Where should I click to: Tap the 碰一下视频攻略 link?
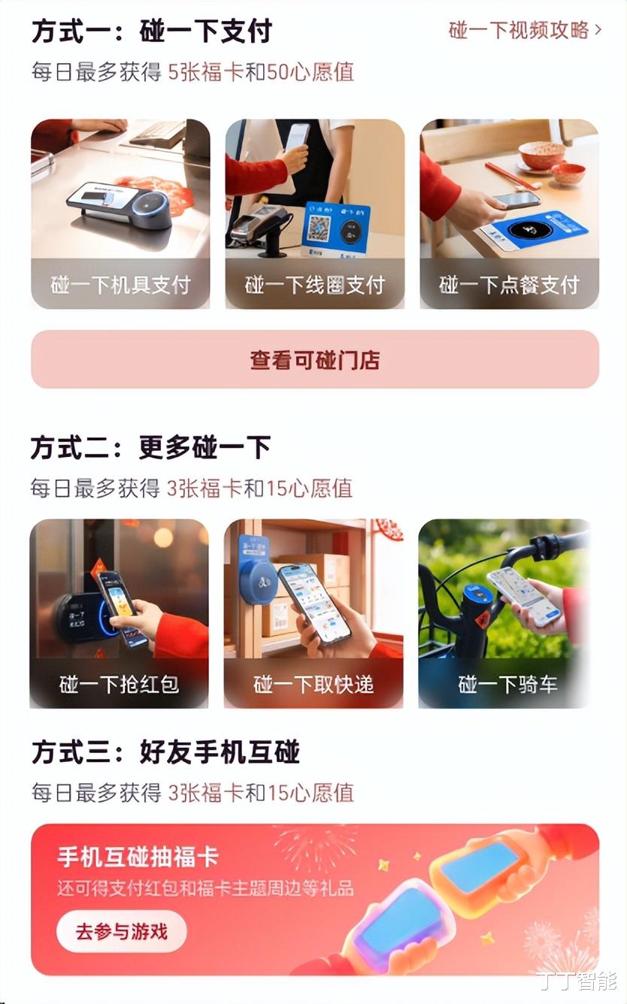coord(519,31)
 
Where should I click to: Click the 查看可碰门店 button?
coord(315,359)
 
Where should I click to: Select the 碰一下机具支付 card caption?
coord(120,285)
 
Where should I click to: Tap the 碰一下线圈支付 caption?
coord(315,285)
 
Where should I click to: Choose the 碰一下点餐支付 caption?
coord(509,285)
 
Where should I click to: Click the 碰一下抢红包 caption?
coord(120,685)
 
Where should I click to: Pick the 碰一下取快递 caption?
coord(313,685)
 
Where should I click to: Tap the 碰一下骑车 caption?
coord(507,685)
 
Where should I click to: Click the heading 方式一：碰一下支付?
coord(152,31)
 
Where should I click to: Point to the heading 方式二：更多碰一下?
coord(150,447)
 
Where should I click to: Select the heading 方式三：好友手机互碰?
coord(165,752)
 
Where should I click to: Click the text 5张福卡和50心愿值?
coord(261,71)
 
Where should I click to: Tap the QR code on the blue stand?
coord(320,228)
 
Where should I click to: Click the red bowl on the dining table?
coord(542,155)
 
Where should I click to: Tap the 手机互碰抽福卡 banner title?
coord(138,857)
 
